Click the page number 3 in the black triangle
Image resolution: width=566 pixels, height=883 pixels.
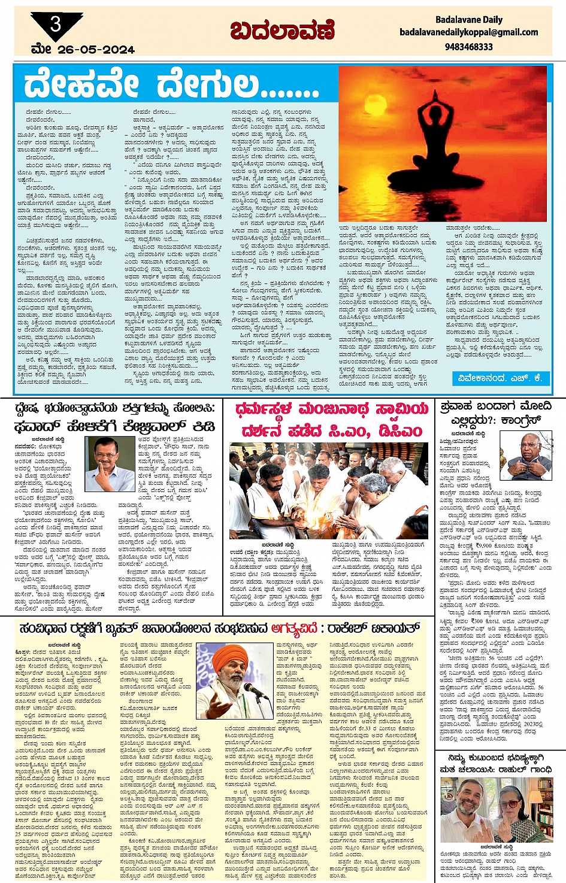[56, 25]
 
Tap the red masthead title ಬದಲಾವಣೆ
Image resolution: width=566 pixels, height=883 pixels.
[282, 31]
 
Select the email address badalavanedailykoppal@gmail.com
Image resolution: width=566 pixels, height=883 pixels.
[468, 32]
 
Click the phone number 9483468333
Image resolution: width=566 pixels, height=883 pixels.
[469, 46]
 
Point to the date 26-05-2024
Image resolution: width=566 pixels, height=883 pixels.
[96, 50]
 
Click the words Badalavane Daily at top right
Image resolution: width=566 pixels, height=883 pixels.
[468, 19]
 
